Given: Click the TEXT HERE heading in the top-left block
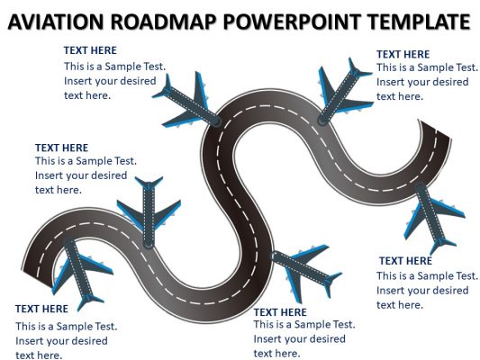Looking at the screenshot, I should click(x=90, y=51).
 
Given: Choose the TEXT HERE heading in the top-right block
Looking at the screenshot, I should click(x=403, y=54).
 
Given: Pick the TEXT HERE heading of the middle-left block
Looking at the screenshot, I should click(x=61, y=148).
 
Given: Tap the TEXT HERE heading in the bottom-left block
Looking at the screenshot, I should click(x=41, y=309).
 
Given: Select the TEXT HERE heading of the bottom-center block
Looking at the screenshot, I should click(x=280, y=312).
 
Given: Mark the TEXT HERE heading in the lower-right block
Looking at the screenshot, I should click(x=405, y=261).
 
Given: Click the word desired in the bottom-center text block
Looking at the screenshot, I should click(x=327, y=339).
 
